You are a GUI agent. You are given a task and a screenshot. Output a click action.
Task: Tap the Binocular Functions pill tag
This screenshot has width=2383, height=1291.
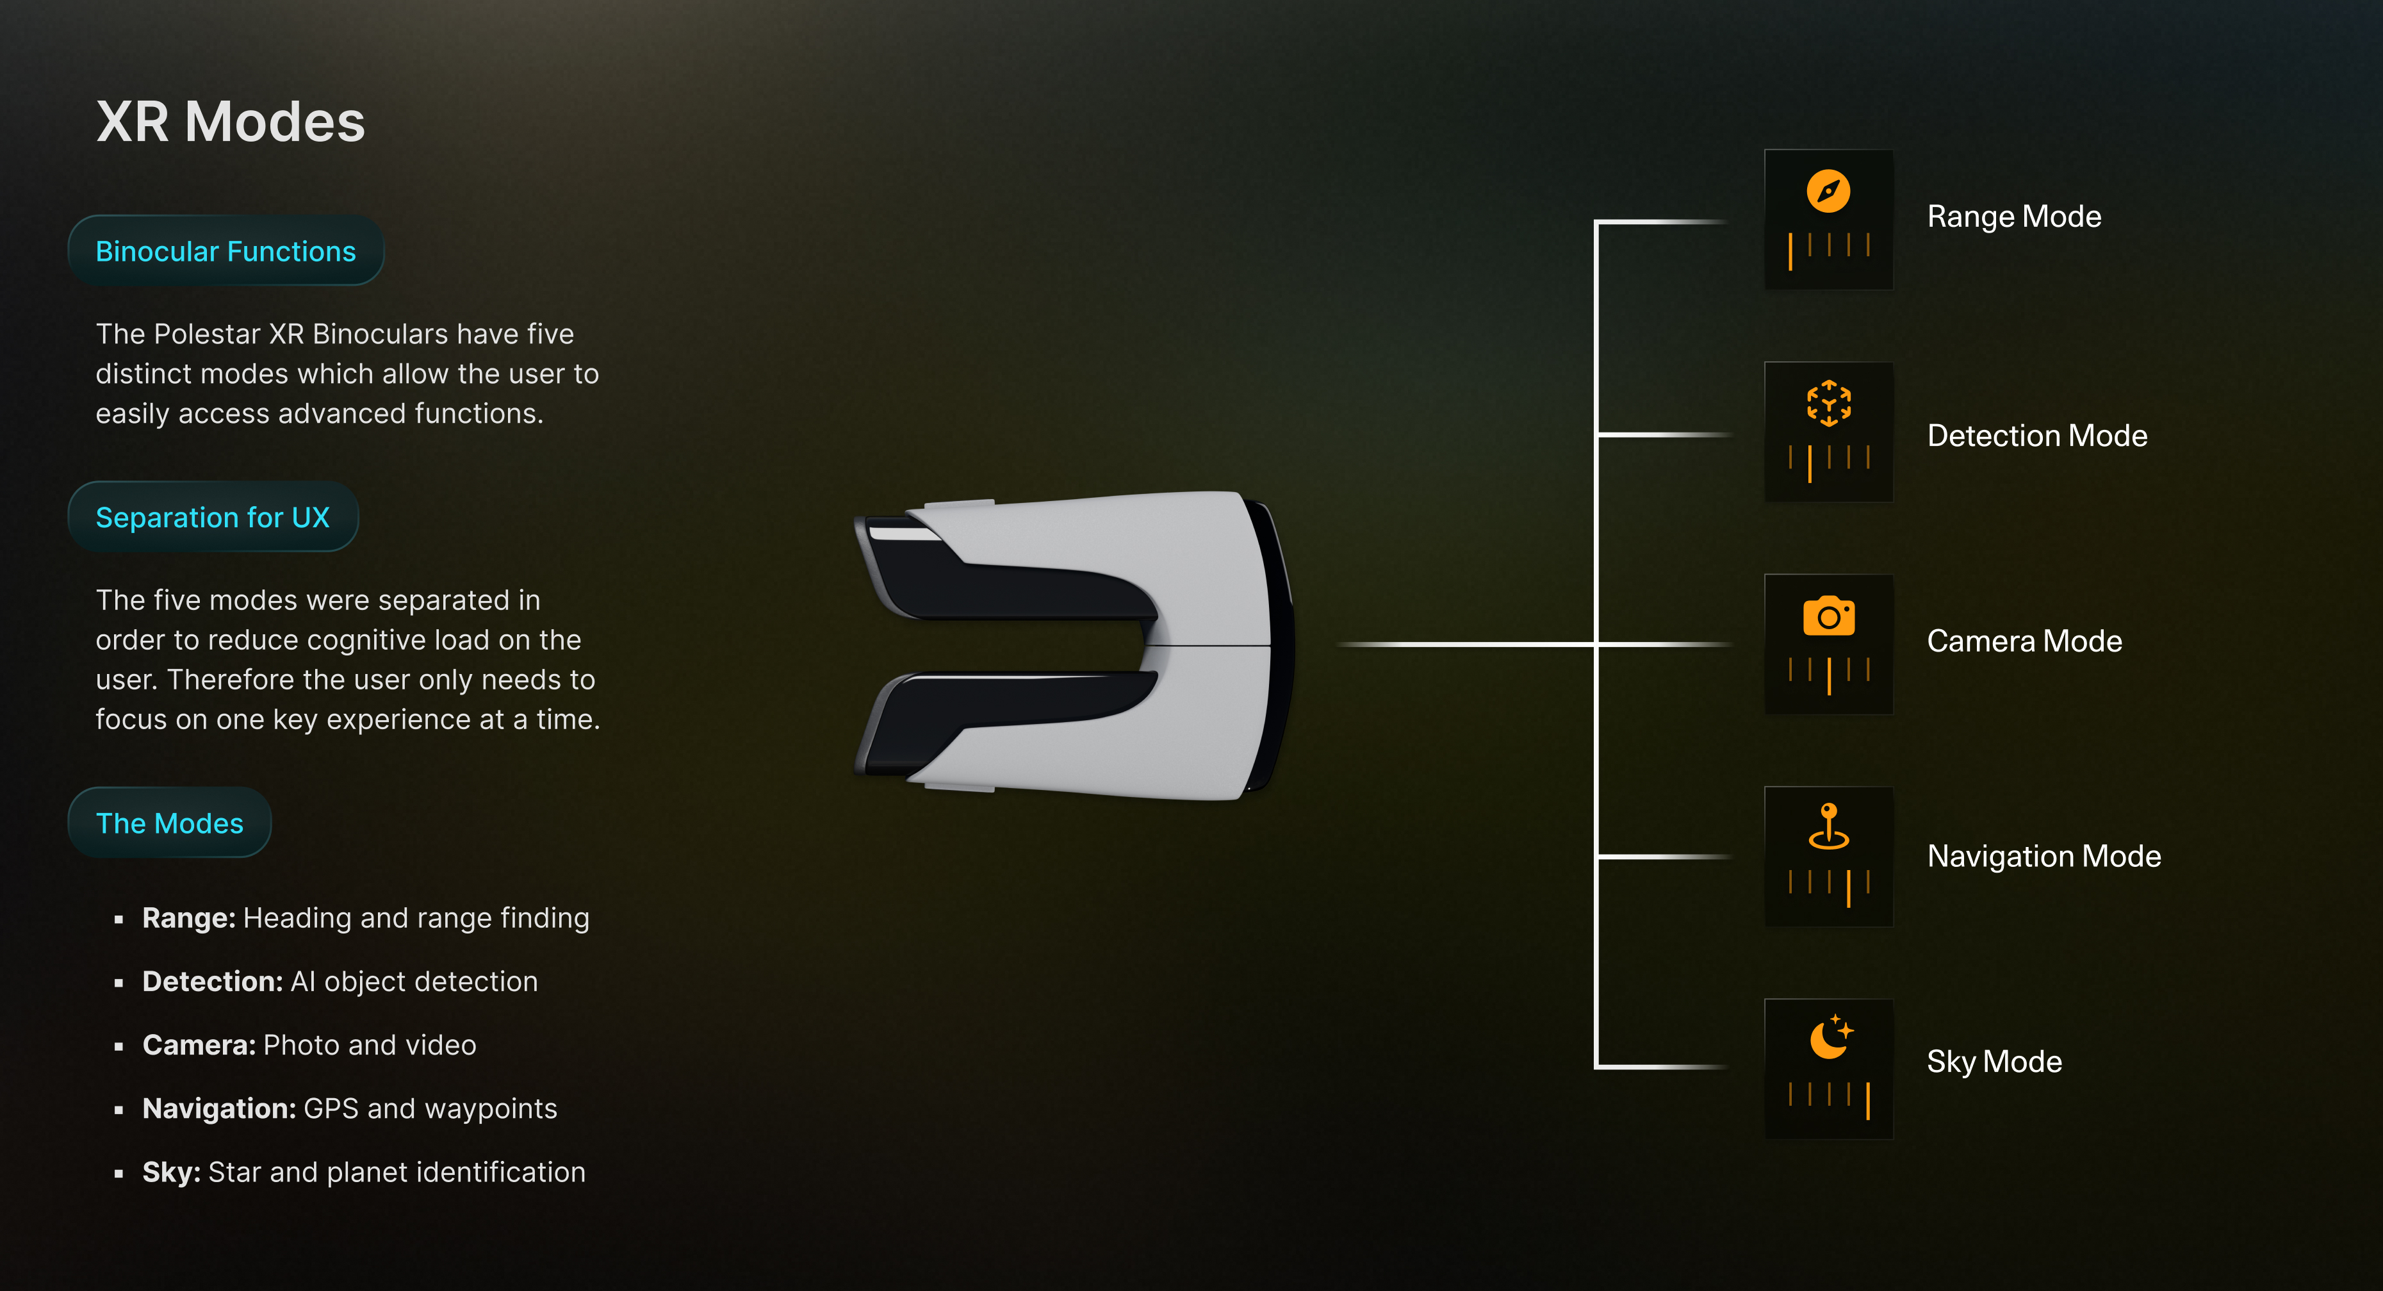(x=225, y=251)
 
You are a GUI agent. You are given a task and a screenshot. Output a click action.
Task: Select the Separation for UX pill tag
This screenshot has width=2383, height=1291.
(x=213, y=517)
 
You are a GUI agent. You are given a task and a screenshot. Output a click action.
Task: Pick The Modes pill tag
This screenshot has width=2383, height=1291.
(x=169, y=823)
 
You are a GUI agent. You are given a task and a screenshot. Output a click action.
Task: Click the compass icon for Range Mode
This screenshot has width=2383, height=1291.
(x=1828, y=192)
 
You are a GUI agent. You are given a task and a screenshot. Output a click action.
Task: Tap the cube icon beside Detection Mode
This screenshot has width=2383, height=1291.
(x=1828, y=404)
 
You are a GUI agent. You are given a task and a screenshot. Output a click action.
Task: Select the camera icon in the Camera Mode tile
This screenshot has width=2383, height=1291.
(x=1828, y=616)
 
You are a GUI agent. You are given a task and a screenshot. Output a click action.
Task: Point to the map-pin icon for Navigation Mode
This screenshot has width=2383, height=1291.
(x=1828, y=826)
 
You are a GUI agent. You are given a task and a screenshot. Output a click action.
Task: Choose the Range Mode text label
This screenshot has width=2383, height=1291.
(x=2014, y=217)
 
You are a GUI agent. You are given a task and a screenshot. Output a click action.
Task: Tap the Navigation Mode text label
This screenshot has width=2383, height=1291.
(x=2043, y=856)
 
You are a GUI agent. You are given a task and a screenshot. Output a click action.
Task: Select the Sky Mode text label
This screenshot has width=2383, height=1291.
(x=1994, y=1062)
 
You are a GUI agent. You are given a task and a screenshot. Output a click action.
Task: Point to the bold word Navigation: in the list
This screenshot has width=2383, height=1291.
(x=218, y=1108)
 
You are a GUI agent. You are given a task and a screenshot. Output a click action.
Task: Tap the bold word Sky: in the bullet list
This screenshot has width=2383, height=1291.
(x=171, y=1172)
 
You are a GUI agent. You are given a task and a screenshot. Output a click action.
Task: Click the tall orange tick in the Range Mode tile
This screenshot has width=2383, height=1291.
(x=1790, y=252)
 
